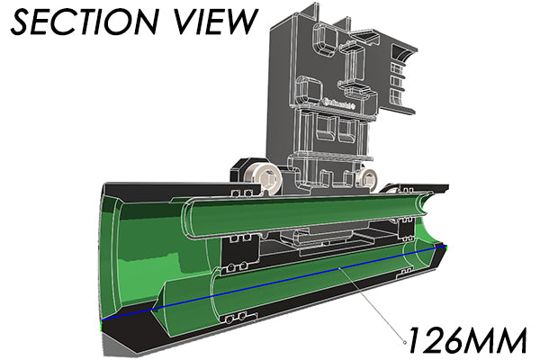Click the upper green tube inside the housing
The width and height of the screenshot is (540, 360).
point(297,214)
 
